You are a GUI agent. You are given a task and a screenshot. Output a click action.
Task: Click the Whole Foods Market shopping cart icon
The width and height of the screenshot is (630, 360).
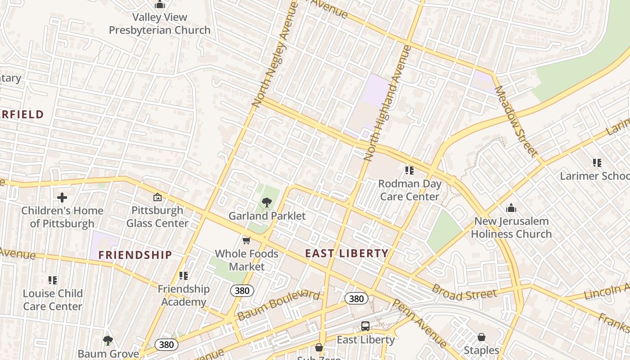pyautogui.click(x=246, y=241)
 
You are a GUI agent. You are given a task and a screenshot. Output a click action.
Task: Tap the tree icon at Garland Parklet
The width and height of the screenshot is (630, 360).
pyautogui.click(x=266, y=202)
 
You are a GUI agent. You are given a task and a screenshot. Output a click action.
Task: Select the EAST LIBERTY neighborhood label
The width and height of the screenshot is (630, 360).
pyautogui.click(x=346, y=253)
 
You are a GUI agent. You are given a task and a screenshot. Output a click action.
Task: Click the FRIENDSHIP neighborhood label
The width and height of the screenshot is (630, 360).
pyautogui.click(x=135, y=255)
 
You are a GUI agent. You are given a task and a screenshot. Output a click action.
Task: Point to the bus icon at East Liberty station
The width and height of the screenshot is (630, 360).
pyautogui.click(x=365, y=326)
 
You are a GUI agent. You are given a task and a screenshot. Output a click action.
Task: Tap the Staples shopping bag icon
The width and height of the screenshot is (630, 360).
pyautogui.click(x=481, y=337)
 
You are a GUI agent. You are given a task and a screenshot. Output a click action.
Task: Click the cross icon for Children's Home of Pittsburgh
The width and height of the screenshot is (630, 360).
pyautogui.click(x=62, y=197)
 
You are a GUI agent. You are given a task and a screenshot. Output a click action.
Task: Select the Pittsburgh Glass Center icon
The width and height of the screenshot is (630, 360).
pyautogui.click(x=157, y=197)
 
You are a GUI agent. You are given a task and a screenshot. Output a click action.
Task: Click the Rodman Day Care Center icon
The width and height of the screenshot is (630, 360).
pyautogui.click(x=409, y=170)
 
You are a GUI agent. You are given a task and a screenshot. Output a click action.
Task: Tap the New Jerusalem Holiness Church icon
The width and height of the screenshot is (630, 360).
pyautogui.click(x=511, y=208)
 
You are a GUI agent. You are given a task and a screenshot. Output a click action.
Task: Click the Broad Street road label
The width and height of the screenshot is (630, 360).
pyautogui.click(x=464, y=292)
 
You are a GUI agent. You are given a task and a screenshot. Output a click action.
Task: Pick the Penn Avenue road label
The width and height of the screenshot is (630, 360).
pyautogui.click(x=419, y=323)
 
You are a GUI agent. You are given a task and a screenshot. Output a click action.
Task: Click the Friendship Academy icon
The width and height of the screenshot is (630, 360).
pyautogui.click(x=183, y=275)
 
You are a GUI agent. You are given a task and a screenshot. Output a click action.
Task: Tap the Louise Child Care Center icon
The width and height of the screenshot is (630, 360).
pyautogui.click(x=53, y=280)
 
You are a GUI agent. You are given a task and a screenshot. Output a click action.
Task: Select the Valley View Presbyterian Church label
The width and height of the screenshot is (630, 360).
pyautogui.click(x=160, y=24)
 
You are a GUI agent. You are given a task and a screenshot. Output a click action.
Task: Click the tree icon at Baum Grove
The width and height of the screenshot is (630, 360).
pyautogui.click(x=108, y=340)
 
